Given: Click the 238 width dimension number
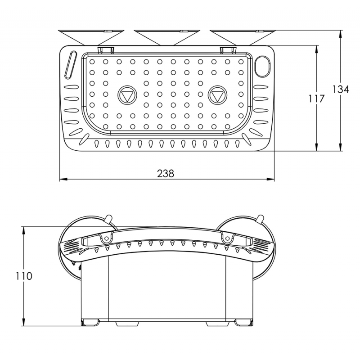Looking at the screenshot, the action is point(166,174).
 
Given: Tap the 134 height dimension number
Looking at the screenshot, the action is point(341,89).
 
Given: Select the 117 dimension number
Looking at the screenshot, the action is point(316,99).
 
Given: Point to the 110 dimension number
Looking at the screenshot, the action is point(24,276).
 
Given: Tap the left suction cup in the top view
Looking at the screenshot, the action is point(91,37).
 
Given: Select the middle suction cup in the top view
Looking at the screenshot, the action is point(167,37).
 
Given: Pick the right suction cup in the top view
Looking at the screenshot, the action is point(243,37).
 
